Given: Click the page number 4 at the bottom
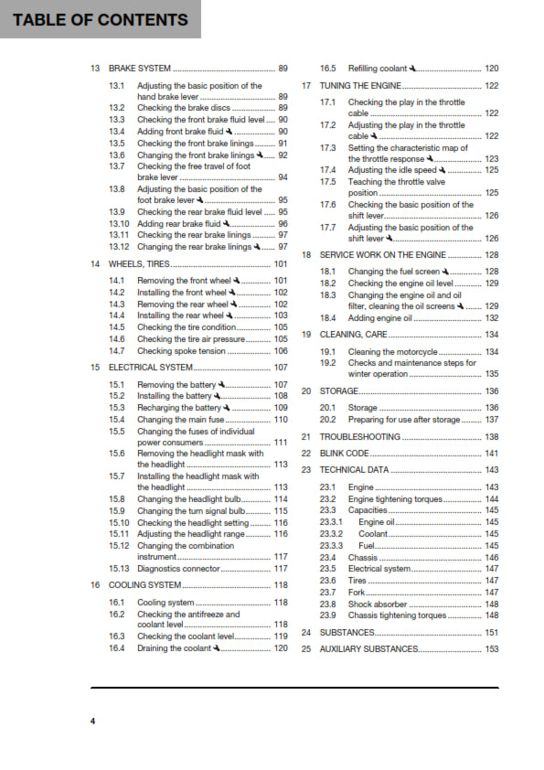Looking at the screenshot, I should (92, 722).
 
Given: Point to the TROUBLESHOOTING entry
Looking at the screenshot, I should (361, 437).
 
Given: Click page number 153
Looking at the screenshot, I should (491, 648).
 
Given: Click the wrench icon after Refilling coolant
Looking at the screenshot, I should (413, 69).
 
